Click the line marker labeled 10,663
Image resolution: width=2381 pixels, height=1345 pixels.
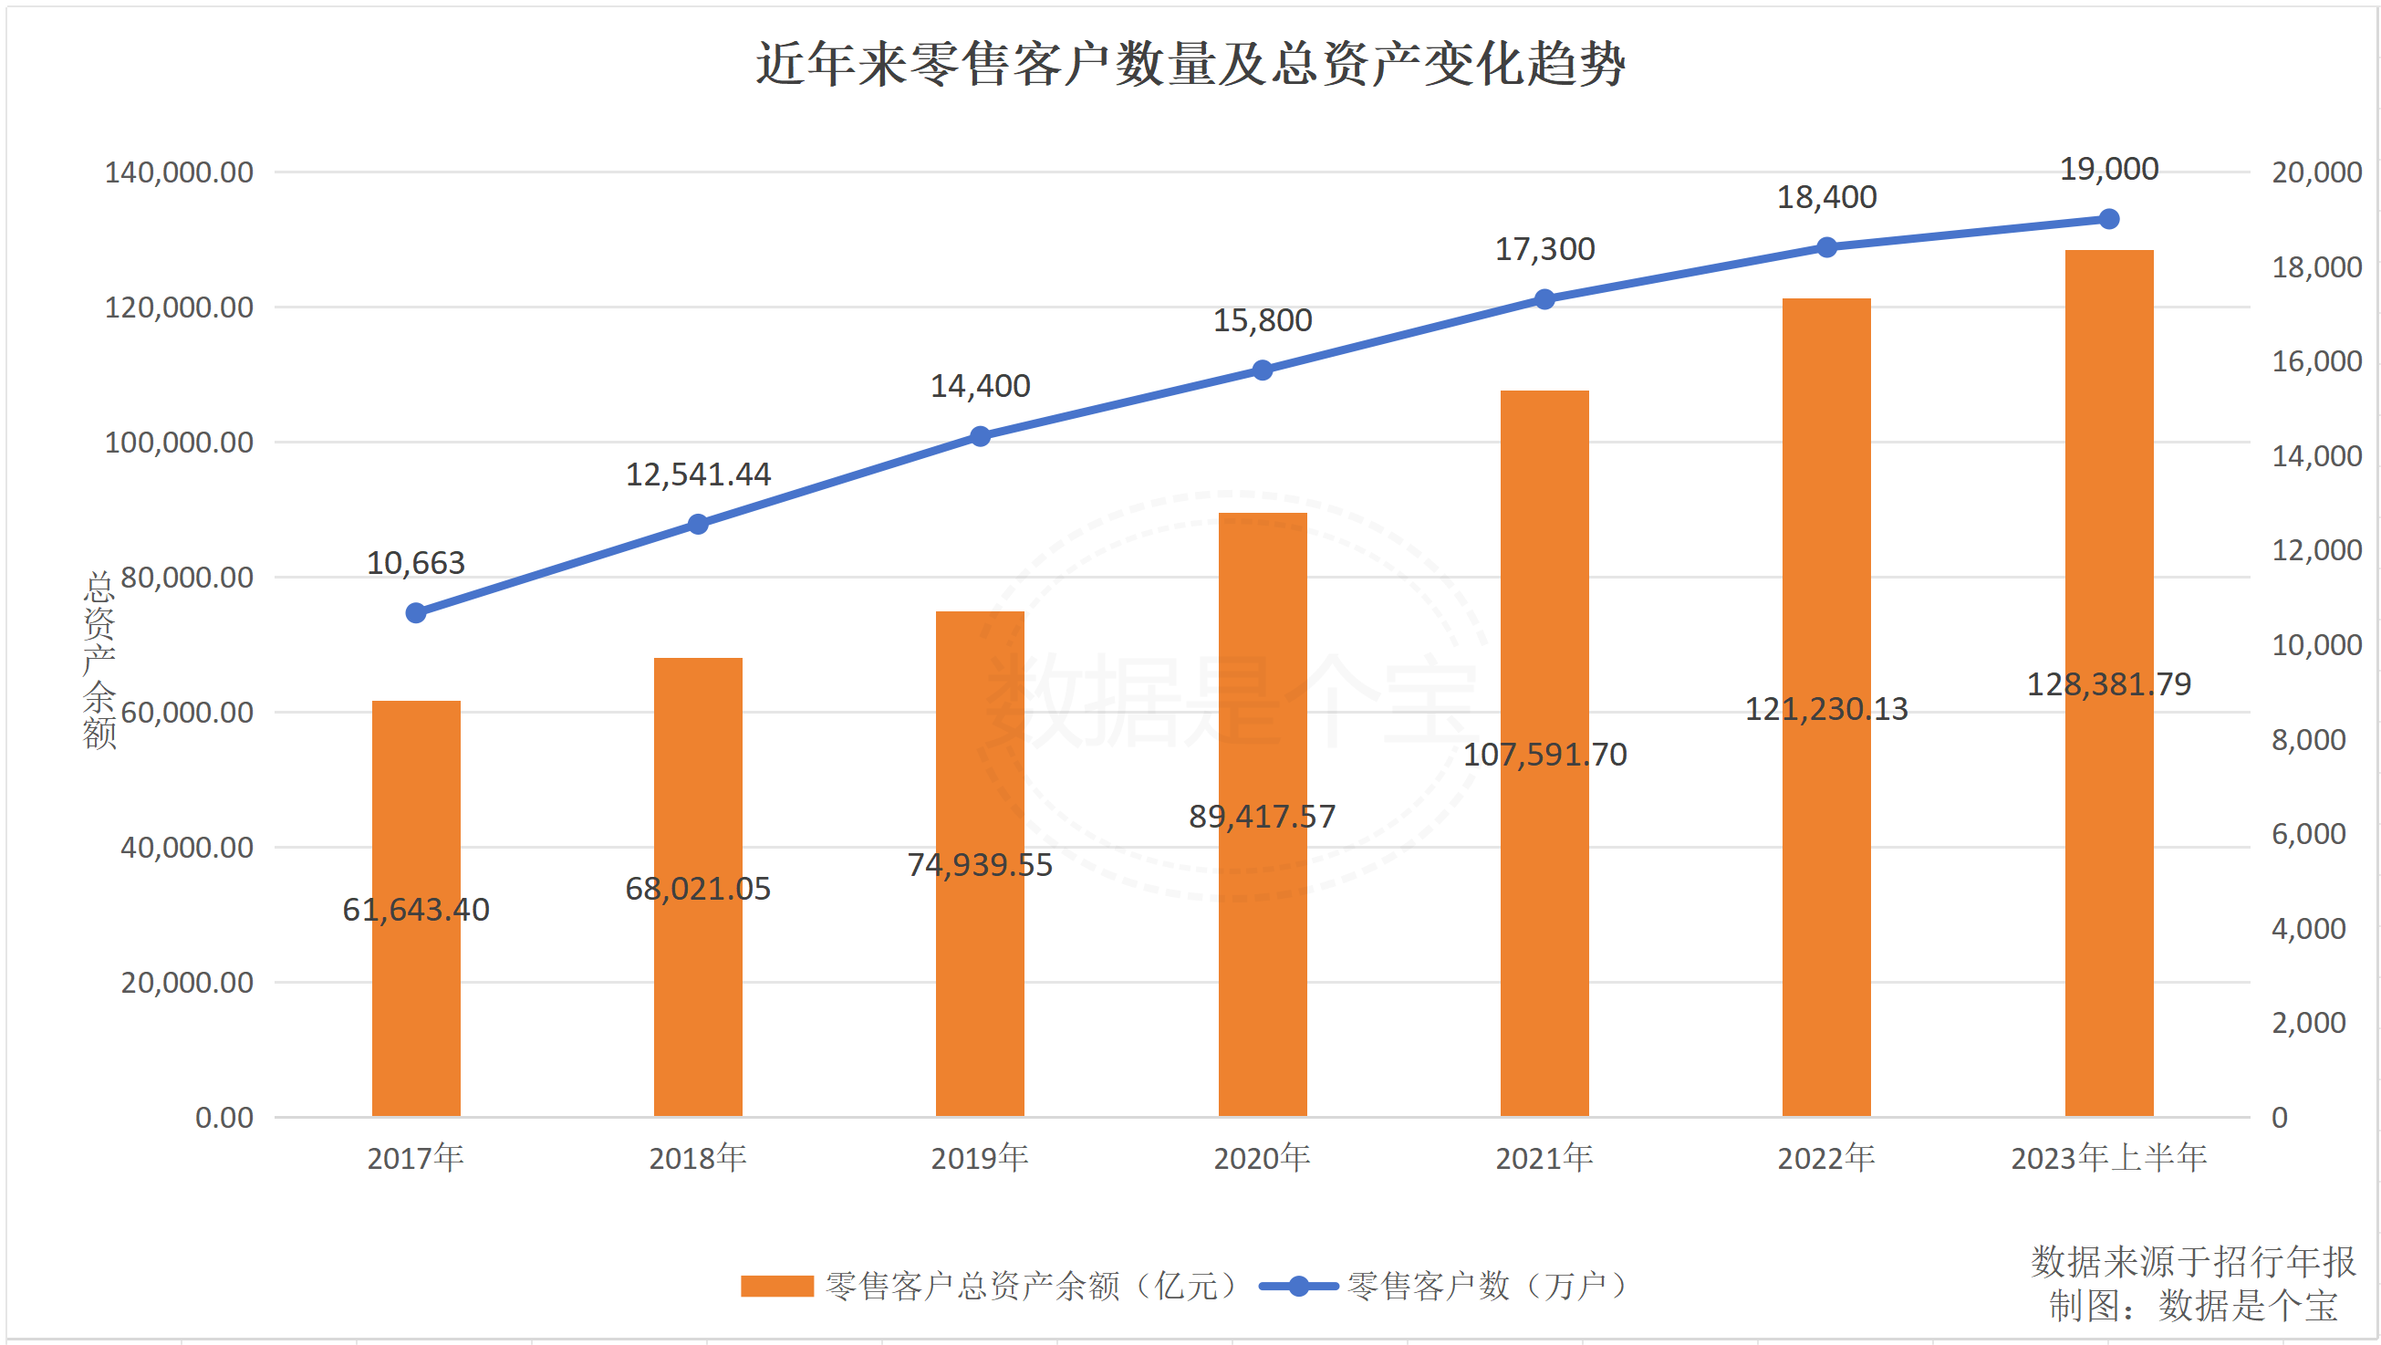[x=416, y=613]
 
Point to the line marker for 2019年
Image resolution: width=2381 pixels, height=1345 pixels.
[x=981, y=436]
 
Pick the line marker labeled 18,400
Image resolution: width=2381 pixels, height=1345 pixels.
[x=1827, y=247]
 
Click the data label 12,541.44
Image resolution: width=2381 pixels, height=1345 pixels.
[x=698, y=474]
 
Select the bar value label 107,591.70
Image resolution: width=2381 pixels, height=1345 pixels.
[x=1544, y=755]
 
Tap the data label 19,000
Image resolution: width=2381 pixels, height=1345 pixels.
[x=2109, y=169]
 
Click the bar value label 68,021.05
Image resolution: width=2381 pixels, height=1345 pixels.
[x=698, y=889]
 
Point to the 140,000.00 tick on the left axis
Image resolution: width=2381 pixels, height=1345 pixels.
[x=179, y=172]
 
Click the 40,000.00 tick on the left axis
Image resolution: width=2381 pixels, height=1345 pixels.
[x=187, y=847]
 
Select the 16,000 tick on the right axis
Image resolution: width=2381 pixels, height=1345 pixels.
[x=2316, y=361]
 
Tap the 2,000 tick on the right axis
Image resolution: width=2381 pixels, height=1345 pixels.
[x=2308, y=1022]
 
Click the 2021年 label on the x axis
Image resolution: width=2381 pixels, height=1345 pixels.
[x=1544, y=1157]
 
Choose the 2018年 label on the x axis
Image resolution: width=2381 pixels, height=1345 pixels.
[x=698, y=1157]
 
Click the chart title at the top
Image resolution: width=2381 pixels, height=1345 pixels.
[x=1190, y=65]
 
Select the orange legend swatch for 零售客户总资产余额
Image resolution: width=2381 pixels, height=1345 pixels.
[x=776, y=1286]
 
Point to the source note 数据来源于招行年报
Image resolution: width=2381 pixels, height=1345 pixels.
[x=2192, y=1262]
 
